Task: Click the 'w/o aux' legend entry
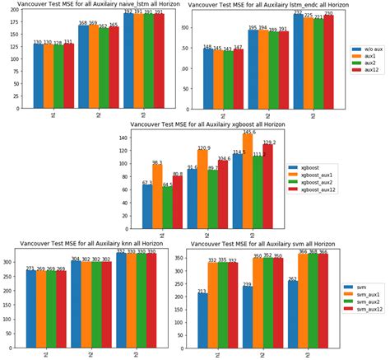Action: click(369, 49)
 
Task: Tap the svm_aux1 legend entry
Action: click(364, 292)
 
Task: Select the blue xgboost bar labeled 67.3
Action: click(148, 206)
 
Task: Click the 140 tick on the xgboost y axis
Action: click(122, 138)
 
